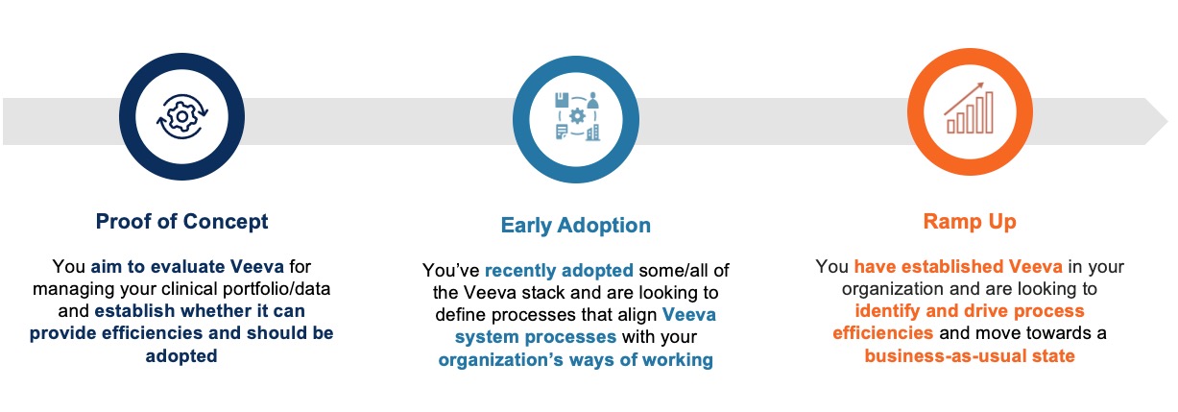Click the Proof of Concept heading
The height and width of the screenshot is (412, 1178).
click(181, 222)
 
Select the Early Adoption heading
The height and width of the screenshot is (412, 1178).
click(575, 225)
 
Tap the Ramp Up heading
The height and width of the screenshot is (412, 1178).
click(970, 222)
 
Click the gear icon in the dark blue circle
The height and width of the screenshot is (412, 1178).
click(182, 116)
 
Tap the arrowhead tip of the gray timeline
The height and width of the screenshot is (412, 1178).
click(1167, 122)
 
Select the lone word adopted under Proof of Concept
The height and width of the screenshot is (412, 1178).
click(181, 355)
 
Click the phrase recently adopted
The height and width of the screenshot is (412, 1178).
click(559, 271)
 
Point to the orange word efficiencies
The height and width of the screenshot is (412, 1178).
click(882, 333)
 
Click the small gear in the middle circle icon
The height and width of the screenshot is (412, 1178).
click(577, 116)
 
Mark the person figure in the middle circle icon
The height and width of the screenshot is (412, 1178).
click(592, 100)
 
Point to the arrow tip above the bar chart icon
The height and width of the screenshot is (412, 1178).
click(982, 85)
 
